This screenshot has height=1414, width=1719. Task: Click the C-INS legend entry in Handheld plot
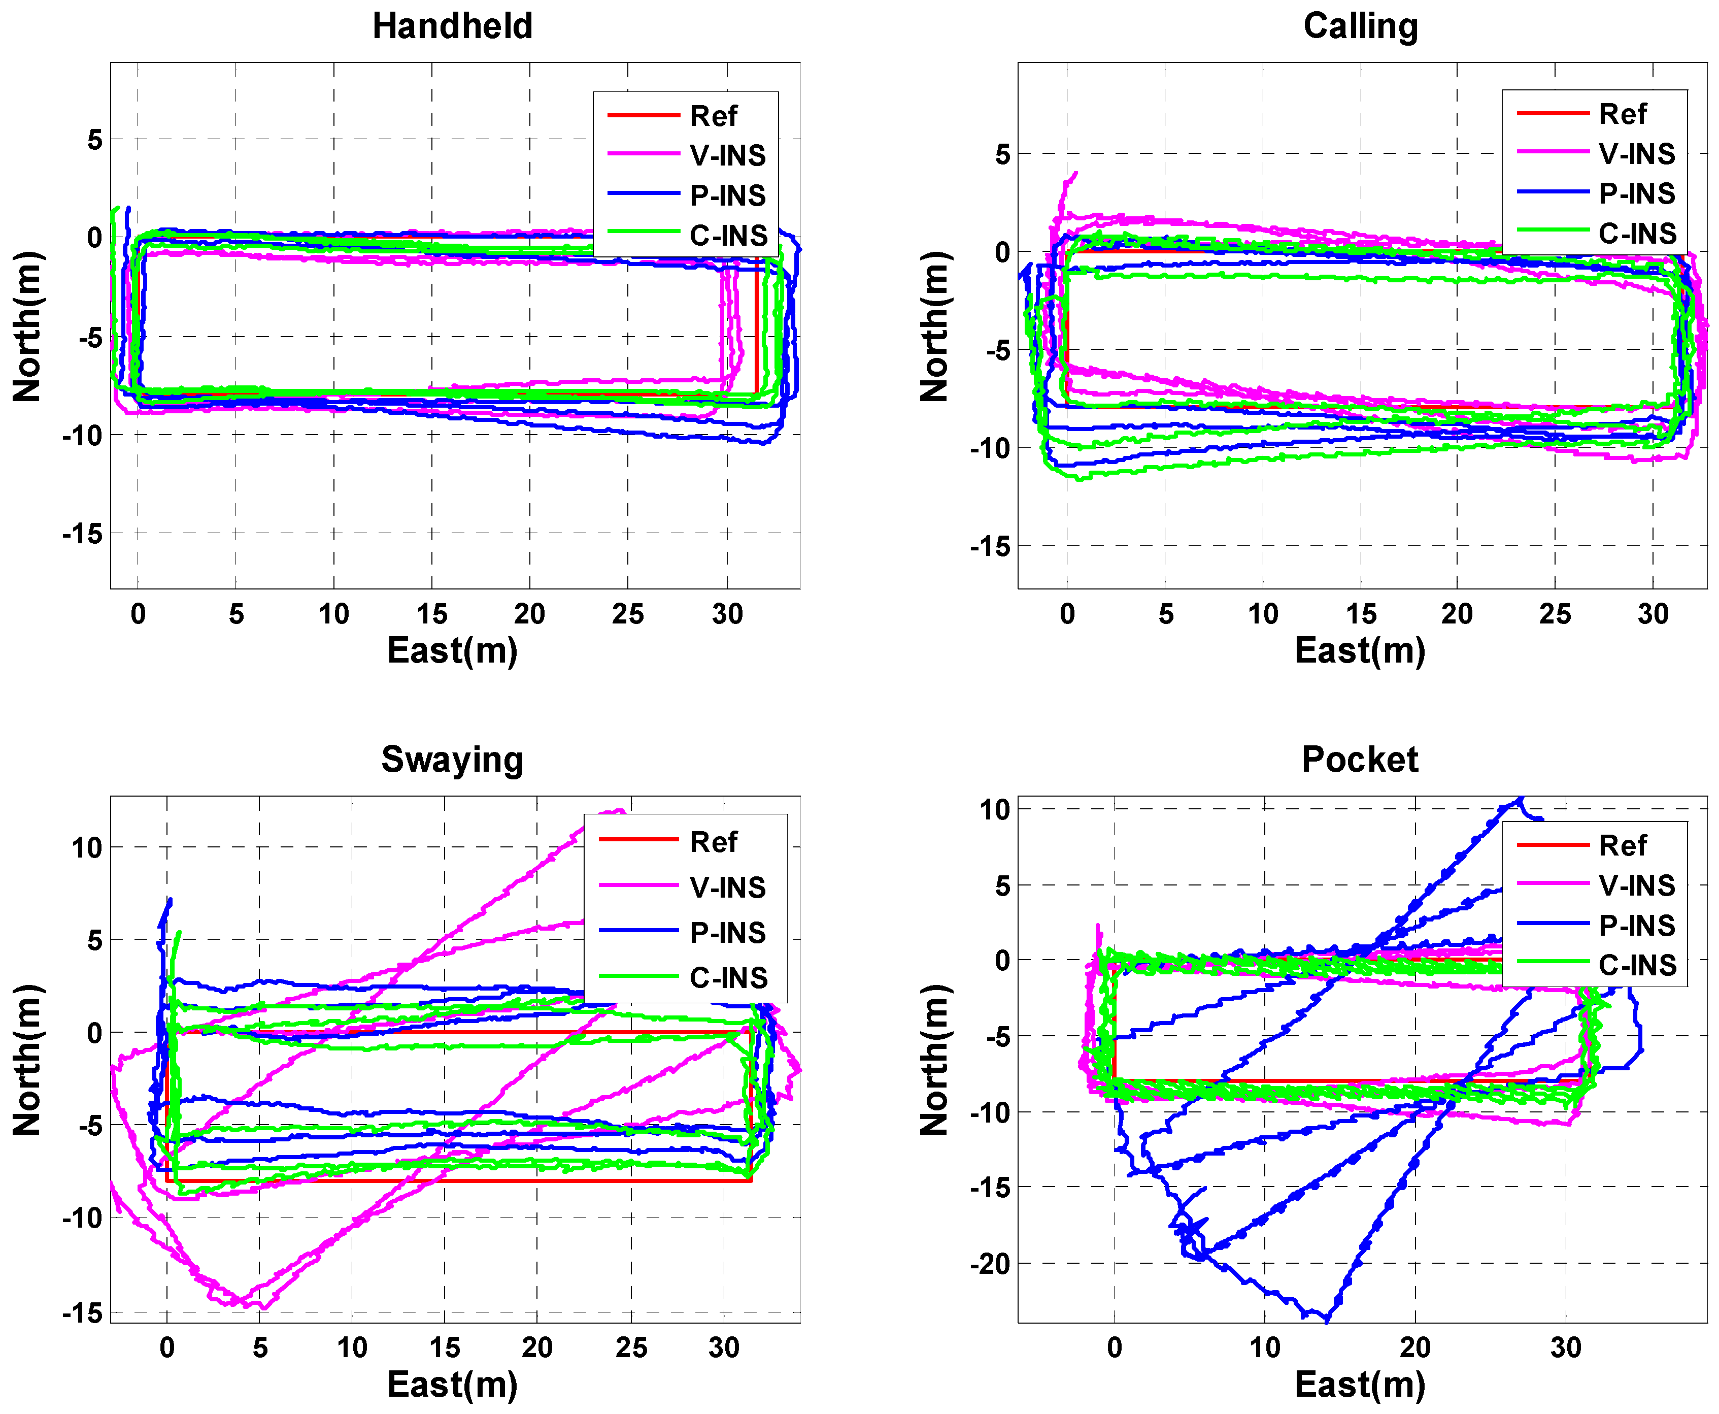tap(728, 236)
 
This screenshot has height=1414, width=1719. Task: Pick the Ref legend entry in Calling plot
tap(1622, 114)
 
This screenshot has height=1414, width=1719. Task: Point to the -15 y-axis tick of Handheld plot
tap(83, 534)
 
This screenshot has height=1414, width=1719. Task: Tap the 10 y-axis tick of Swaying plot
tap(86, 848)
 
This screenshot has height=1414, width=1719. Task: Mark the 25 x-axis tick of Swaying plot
tap(630, 1348)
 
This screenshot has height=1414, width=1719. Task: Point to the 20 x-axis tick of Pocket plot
tap(1415, 1348)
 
